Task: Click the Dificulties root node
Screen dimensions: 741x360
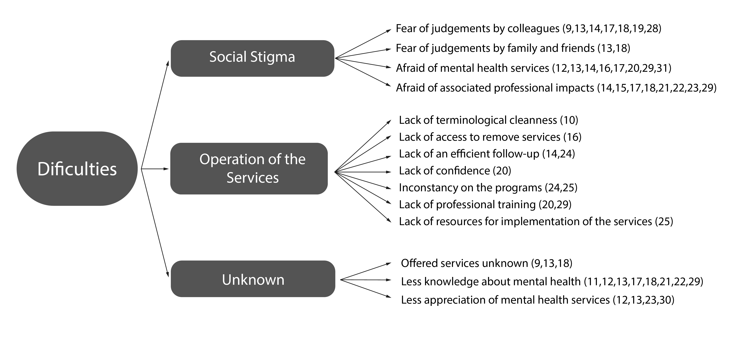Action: (77, 169)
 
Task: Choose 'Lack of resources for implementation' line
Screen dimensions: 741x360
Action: (536, 222)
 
